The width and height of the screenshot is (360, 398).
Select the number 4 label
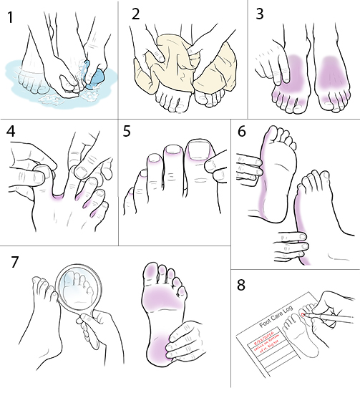[10, 133]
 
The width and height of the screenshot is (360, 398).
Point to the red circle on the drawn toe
[306, 314]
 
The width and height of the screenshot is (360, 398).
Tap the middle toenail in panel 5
[172, 151]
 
